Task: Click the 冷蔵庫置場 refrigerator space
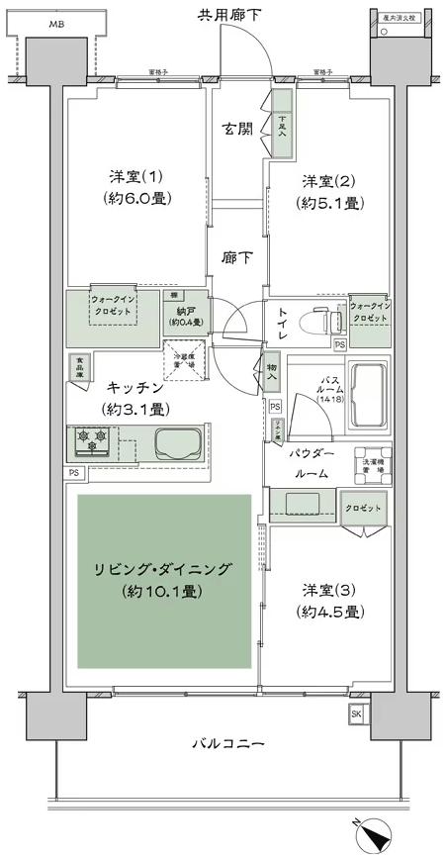[189, 359]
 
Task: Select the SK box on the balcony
[356, 715]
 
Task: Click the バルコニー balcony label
[228, 743]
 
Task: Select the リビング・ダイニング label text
[162, 569]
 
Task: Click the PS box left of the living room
[75, 473]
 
